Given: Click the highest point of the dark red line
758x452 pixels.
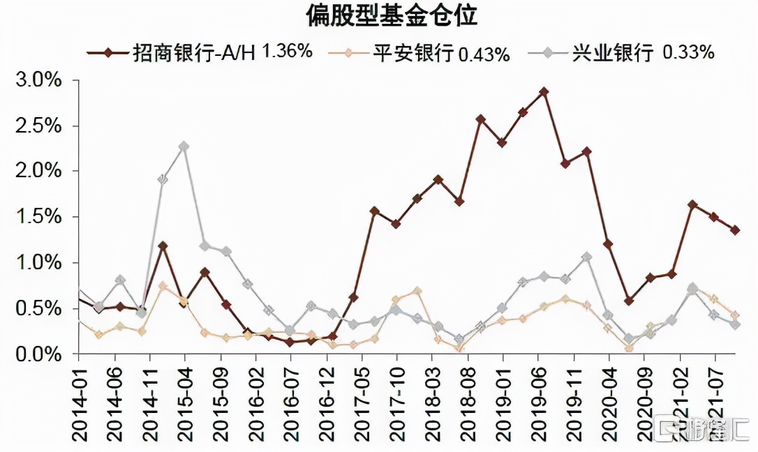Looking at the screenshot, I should [x=544, y=91].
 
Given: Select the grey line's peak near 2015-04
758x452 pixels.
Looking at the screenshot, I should [x=184, y=146].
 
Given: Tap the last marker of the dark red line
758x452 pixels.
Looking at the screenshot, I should [x=735, y=230].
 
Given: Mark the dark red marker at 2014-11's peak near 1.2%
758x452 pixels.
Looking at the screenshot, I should [x=163, y=246].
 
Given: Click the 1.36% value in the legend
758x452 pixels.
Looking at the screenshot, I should [x=287, y=52].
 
